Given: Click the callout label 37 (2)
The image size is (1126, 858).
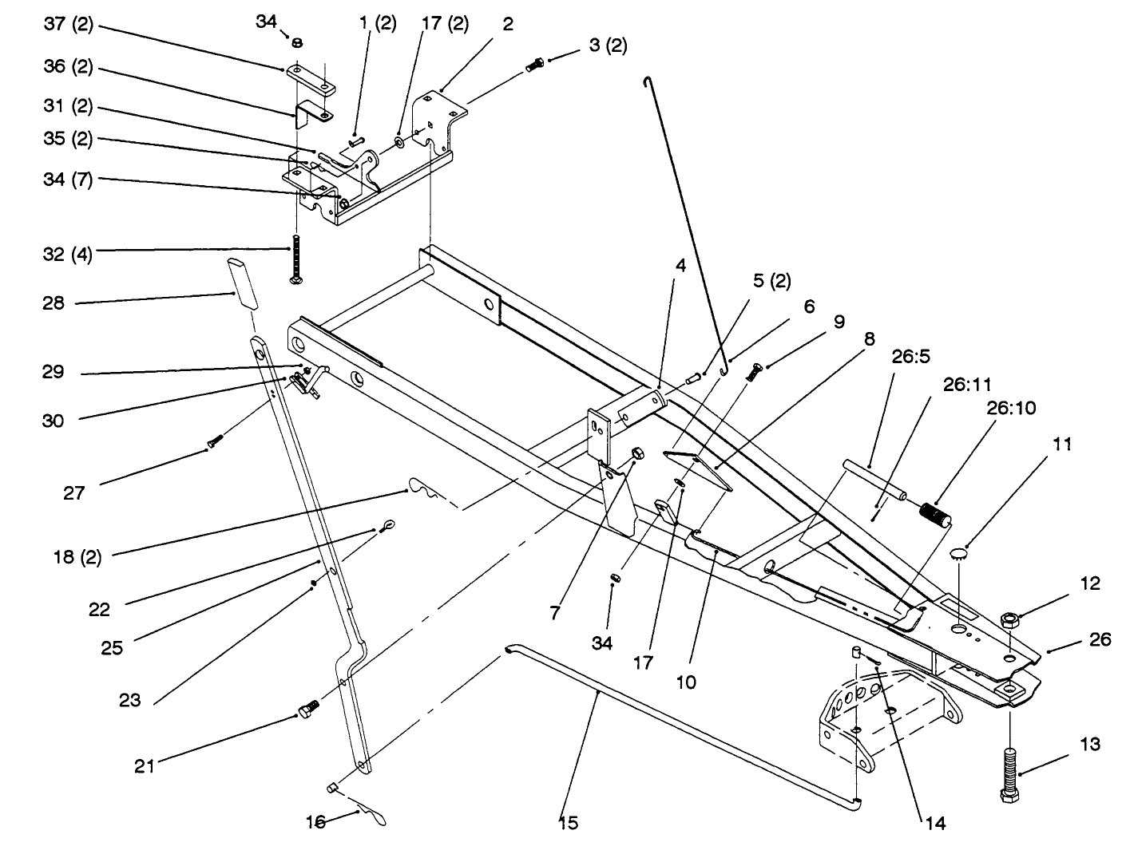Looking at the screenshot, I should tap(68, 25).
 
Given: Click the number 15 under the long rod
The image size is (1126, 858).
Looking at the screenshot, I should tap(568, 821).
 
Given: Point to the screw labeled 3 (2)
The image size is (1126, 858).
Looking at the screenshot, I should tap(535, 65).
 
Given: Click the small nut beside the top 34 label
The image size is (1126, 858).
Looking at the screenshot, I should tap(295, 42).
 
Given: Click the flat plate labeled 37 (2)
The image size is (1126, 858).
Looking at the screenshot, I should tap(311, 77).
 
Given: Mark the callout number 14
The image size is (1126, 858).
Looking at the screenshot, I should tap(935, 823).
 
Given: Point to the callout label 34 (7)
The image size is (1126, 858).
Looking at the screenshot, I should tap(68, 180).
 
